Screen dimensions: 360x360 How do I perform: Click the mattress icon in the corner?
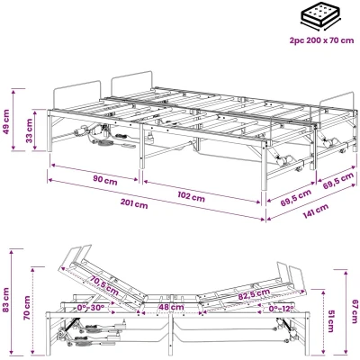pyautogui.click(x=321, y=18)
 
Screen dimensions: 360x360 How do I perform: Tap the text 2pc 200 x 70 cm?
pyautogui.click(x=321, y=40)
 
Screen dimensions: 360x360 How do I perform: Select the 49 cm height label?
pyautogui.click(x=6, y=121)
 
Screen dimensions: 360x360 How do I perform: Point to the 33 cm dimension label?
pyautogui.click(x=30, y=130)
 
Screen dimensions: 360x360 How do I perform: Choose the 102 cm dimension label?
pyautogui.click(x=191, y=197)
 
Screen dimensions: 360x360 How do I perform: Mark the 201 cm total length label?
pyautogui.click(x=134, y=204)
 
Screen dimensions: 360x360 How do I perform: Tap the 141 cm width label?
pyautogui.click(x=315, y=211)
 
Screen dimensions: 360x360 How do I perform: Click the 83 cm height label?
pyautogui.click(x=6, y=300)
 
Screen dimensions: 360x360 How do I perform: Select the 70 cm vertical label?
pyautogui.click(x=27, y=308)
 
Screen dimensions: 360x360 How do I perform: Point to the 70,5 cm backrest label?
pyautogui.click(x=104, y=285)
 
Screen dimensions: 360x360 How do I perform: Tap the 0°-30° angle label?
pyautogui.click(x=90, y=308)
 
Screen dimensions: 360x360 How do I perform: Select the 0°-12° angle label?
pyautogui.click(x=281, y=309)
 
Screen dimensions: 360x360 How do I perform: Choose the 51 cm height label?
pyautogui.click(x=330, y=321)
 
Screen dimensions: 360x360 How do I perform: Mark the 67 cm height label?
pyautogui.click(x=355, y=311)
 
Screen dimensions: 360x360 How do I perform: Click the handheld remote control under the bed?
pyautogui.click(x=128, y=145)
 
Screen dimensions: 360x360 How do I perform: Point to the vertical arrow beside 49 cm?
pyautogui.click(x=13, y=120)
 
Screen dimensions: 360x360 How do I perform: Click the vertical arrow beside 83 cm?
pyautogui.click(x=12, y=302)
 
